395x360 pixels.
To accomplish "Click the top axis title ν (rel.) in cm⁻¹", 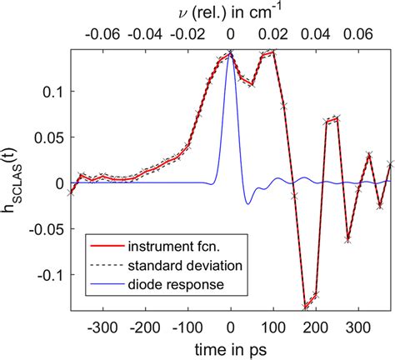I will click(x=230, y=11).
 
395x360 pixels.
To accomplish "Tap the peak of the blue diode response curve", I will click(x=231, y=56).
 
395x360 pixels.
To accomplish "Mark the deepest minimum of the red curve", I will click(x=306, y=307).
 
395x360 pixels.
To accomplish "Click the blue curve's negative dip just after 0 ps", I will click(x=247, y=203).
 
